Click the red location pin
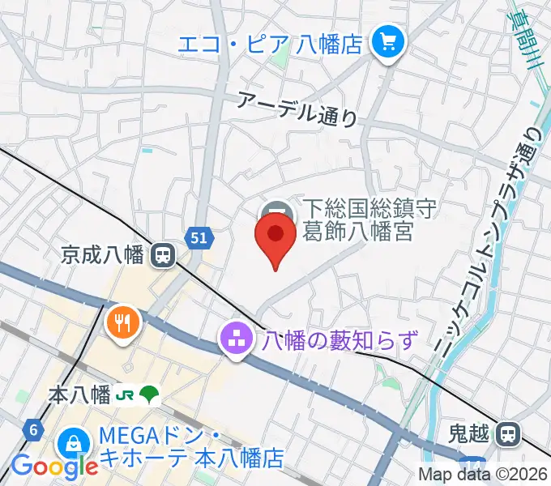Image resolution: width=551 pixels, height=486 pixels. (x=275, y=240)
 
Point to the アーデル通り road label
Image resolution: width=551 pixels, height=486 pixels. (x=297, y=109)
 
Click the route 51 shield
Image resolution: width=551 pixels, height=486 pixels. (x=199, y=237)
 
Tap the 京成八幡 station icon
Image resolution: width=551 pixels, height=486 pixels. (x=164, y=256)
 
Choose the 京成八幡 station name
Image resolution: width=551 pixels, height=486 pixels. (x=102, y=256)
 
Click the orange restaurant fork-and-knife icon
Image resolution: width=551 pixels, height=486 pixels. (x=123, y=323)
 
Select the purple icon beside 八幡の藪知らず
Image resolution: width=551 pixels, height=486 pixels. (x=237, y=340)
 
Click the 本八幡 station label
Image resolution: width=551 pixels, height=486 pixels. (x=79, y=395)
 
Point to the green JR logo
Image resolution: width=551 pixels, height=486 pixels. (x=125, y=395)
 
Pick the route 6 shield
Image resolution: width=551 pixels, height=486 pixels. (x=33, y=429)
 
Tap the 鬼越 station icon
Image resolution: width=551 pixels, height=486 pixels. (x=508, y=435)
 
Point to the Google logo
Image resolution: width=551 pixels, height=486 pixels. (x=54, y=467)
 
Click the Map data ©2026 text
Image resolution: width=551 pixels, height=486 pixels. (x=483, y=475)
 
